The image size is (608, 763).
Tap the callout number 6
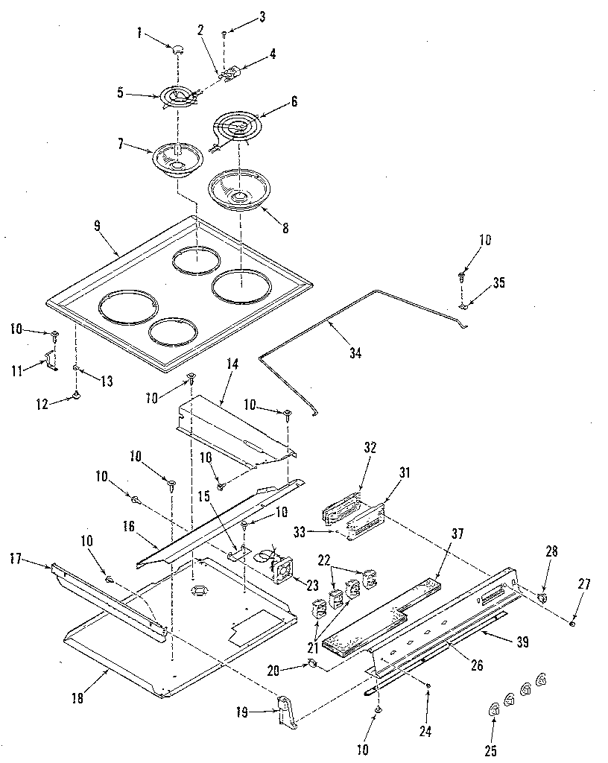(x=294, y=102)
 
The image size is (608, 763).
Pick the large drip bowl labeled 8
(x=238, y=191)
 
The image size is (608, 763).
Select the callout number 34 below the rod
(x=355, y=353)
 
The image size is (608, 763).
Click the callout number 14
(x=232, y=365)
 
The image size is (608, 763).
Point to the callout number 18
(x=77, y=697)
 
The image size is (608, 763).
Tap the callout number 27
(x=583, y=584)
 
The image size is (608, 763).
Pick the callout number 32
(x=370, y=448)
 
